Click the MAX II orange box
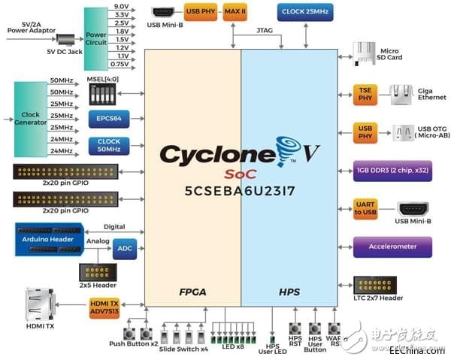tap(234, 13)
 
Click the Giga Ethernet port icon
tap(402, 95)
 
